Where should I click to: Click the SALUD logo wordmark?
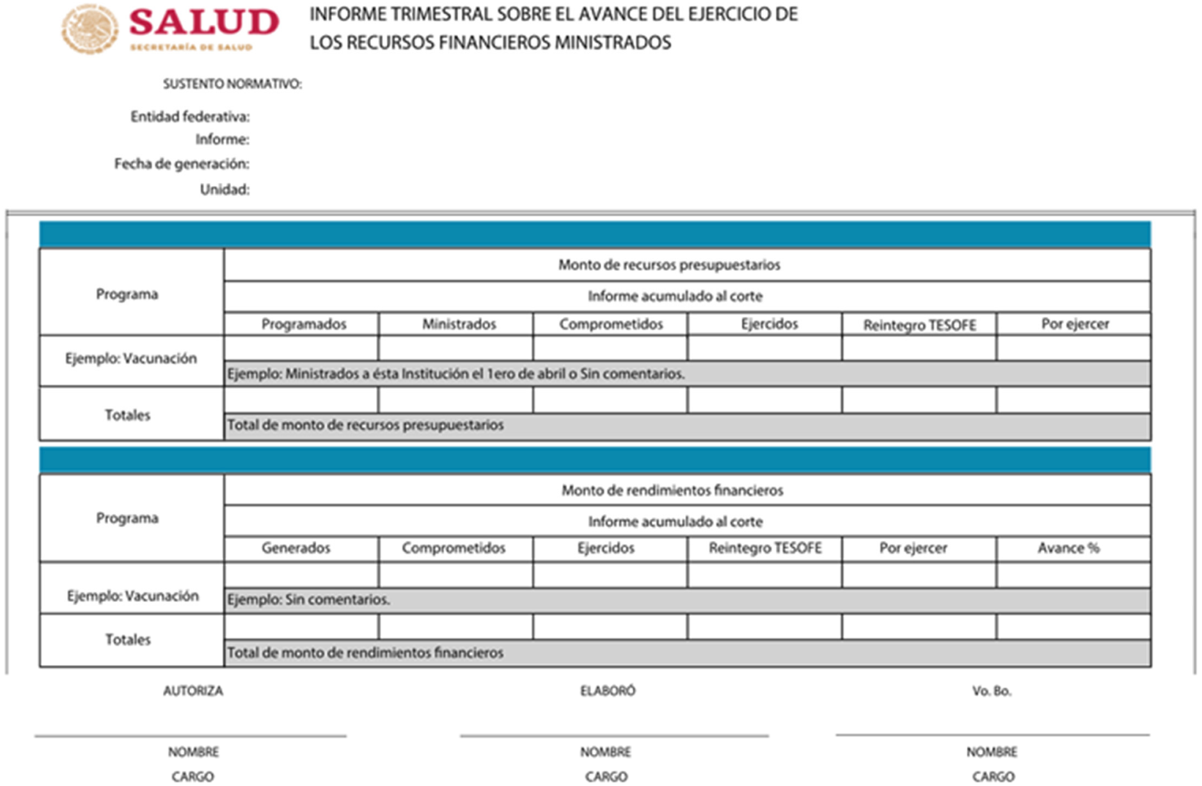(x=203, y=23)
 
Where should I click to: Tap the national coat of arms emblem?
(x=90, y=29)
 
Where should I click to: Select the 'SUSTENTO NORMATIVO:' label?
(x=232, y=84)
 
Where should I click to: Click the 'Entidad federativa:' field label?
(x=190, y=116)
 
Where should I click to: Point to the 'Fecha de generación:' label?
(x=182, y=164)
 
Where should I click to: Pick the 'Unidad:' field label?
(x=225, y=189)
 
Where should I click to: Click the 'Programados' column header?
(x=303, y=324)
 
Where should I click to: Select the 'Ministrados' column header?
(x=459, y=324)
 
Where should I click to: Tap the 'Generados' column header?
(x=296, y=548)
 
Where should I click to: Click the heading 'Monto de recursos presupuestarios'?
(x=669, y=265)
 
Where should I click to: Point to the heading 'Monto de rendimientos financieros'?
(x=672, y=491)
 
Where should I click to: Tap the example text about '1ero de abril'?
(x=455, y=374)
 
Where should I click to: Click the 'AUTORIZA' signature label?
(x=193, y=691)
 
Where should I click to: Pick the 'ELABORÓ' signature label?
(x=608, y=691)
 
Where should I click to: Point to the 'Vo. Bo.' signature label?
(x=992, y=691)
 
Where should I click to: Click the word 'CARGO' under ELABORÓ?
(x=606, y=776)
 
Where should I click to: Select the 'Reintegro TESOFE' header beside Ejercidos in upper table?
(x=919, y=325)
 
